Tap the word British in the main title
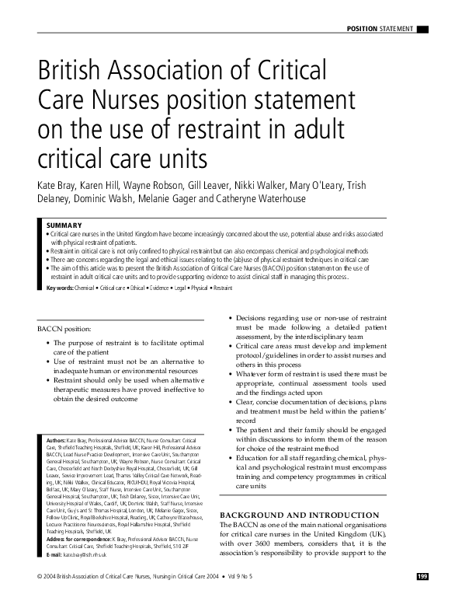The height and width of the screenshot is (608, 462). pyautogui.click(x=68, y=75)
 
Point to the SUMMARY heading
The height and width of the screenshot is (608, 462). pyautogui.click(x=64, y=225)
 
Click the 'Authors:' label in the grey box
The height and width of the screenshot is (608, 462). pyautogui.click(x=56, y=441)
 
